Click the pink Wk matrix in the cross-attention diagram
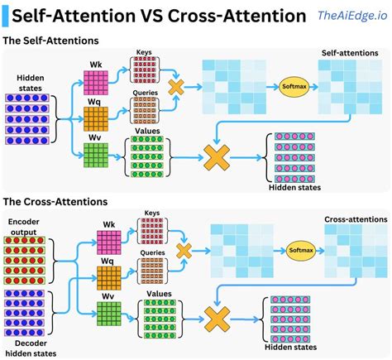(x=109, y=242)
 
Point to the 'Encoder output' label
(x=28, y=227)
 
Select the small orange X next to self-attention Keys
(x=176, y=87)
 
